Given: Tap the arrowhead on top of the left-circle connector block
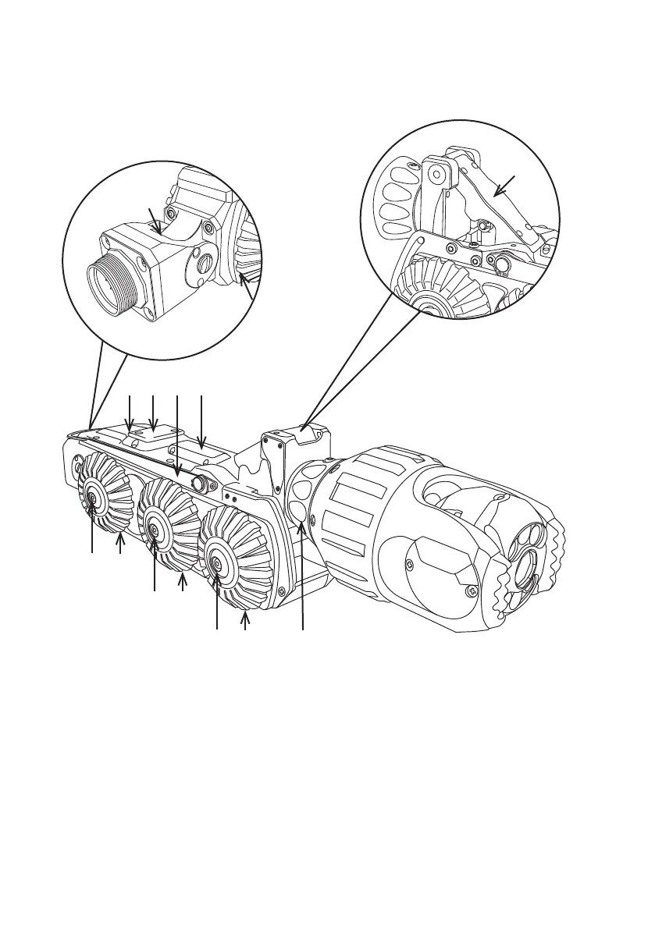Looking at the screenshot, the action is (159, 231).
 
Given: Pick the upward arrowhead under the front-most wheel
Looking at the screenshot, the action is (245, 617).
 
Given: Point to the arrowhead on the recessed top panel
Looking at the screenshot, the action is (201, 447).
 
